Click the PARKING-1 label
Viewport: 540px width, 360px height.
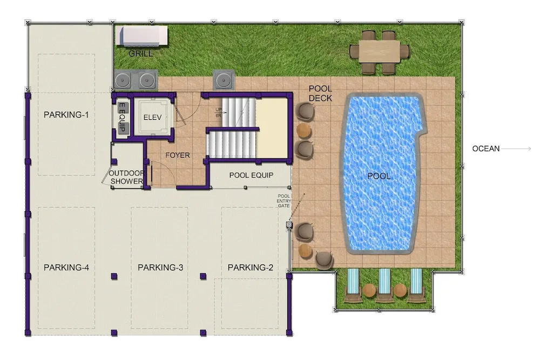coord(66,114)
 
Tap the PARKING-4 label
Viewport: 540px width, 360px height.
coord(66,267)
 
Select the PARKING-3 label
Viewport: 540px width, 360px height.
coord(160,267)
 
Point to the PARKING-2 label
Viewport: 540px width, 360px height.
coord(251,267)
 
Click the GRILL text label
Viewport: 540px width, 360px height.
coord(140,53)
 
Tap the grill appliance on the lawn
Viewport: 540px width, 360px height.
coord(141,36)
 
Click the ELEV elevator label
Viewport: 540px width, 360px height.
coord(153,117)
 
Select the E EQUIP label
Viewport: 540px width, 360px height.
coord(122,118)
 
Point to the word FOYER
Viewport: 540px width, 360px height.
coord(178,155)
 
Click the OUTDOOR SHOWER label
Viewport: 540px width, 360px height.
coord(126,177)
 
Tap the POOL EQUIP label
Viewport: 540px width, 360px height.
coord(252,175)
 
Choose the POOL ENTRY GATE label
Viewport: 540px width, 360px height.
coord(284,201)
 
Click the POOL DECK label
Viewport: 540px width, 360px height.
coord(320,93)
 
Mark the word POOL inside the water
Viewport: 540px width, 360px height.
coord(379,176)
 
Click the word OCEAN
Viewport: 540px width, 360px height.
coord(486,148)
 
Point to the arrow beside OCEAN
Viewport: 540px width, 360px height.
coord(516,148)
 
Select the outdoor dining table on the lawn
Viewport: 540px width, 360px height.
coord(380,52)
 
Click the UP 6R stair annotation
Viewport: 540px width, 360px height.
coord(218,113)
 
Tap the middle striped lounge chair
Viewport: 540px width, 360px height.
coord(384,285)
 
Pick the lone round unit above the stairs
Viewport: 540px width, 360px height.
coord(224,80)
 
